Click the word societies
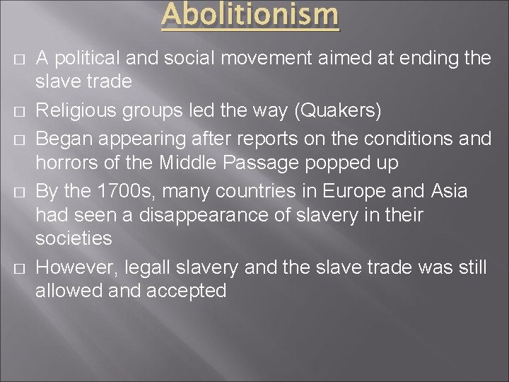tap(74, 239)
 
